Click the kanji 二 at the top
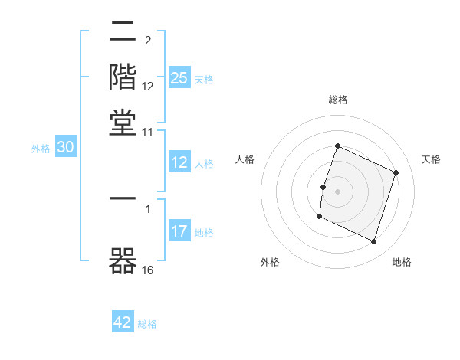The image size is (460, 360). [123, 33]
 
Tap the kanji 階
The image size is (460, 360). [123, 77]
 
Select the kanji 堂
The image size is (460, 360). [123, 123]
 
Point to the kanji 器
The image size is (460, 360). [123, 259]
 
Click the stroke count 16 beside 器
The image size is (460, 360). [148, 269]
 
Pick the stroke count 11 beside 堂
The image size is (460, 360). [148, 133]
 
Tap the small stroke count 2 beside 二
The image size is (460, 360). [147, 41]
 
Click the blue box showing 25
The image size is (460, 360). [179, 77]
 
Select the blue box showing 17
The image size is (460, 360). [179, 231]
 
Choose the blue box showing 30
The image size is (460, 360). [65, 149]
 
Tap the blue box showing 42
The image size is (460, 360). [123, 322]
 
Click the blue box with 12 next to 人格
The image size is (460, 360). [179, 162]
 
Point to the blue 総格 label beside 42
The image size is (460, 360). [147, 324]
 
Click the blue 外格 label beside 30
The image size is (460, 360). [41, 149]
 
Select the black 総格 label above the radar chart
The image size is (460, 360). [337, 100]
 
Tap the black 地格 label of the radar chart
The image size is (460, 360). [402, 263]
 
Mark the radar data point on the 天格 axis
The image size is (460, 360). [396, 172]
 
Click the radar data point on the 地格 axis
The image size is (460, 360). [374, 242]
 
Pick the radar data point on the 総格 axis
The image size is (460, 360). [337, 146]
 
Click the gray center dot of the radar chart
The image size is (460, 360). [337, 191]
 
